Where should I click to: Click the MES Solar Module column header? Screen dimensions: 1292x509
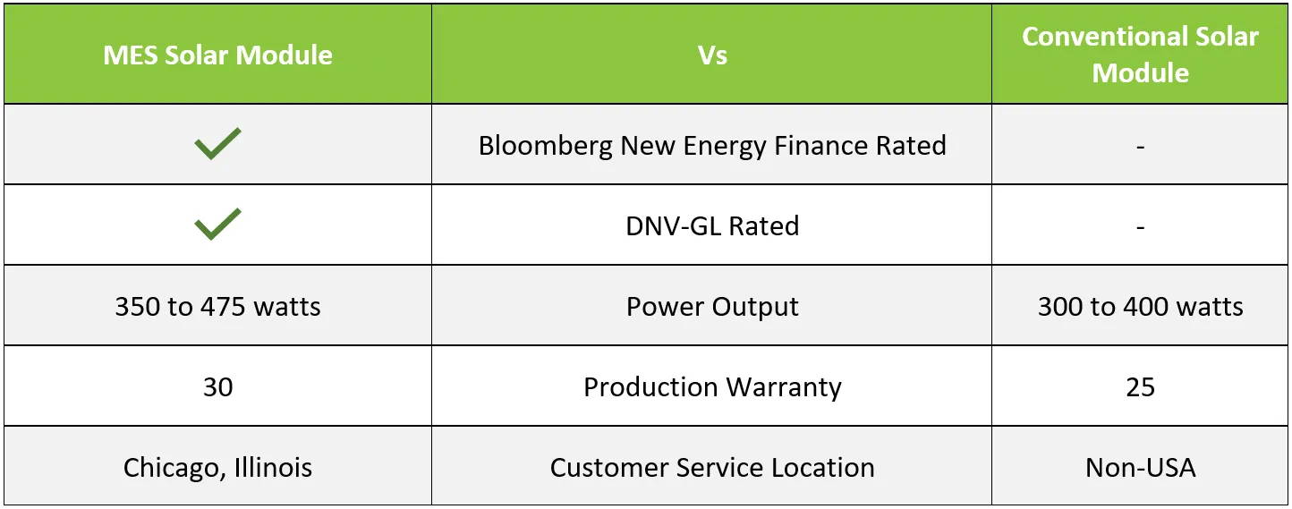[x=218, y=55]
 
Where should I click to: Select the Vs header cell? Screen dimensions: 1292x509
[x=712, y=55]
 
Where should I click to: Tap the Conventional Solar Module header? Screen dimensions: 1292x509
[x=1140, y=55]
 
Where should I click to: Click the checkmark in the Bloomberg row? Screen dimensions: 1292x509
[x=217, y=143]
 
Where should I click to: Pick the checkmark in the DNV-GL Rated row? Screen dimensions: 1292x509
[x=217, y=224]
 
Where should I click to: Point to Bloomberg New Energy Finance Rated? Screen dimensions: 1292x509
[x=712, y=145]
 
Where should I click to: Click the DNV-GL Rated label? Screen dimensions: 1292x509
[x=712, y=226]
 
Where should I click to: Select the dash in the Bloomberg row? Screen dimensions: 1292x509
[x=1140, y=148]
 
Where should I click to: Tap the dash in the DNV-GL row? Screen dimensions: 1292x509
[x=1140, y=228]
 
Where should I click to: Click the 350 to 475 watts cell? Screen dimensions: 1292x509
[x=218, y=307]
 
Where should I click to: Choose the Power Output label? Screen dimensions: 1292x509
[x=712, y=307]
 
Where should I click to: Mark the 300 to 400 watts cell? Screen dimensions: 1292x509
[x=1140, y=307]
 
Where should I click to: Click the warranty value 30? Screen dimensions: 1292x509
[x=218, y=386]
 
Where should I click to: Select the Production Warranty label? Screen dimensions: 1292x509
[x=712, y=387]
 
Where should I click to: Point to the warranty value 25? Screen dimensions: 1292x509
[x=1140, y=386]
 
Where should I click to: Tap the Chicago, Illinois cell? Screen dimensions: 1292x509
[x=218, y=468]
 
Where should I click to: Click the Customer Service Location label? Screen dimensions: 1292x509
[x=712, y=468]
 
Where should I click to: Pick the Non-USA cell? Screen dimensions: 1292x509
[x=1140, y=468]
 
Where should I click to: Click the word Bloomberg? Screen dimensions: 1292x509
[x=546, y=145]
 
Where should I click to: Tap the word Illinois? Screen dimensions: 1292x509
[x=274, y=467]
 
